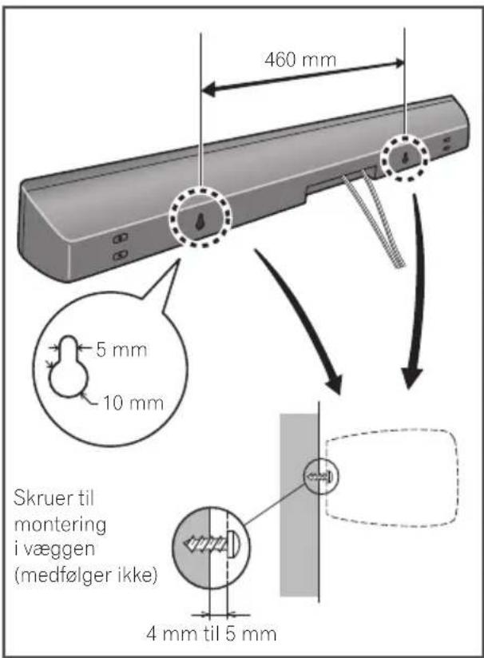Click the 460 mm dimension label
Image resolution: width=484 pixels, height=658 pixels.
click(300, 59)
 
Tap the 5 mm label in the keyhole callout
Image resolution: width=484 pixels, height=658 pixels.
click(121, 350)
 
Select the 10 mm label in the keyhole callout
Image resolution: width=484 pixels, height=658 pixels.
click(133, 402)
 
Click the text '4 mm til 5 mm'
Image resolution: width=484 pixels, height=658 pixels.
click(211, 633)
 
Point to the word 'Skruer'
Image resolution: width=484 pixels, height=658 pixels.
click(39, 498)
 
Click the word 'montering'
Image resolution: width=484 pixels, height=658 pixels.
click(60, 525)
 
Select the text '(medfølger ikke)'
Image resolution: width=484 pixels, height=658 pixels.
click(86, 575)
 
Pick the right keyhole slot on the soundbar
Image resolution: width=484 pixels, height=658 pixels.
click(405, 158)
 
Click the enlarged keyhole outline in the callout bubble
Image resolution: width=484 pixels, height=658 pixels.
click(69, 367)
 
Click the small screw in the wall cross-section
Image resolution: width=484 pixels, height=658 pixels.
click(320, 476)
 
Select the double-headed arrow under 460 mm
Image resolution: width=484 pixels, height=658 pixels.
click(302, 77)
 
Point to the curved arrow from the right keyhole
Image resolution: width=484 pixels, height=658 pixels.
click(415, 290)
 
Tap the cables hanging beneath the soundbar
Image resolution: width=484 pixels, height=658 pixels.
click(375, 220)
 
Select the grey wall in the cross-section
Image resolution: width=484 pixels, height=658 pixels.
click(299, 505)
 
